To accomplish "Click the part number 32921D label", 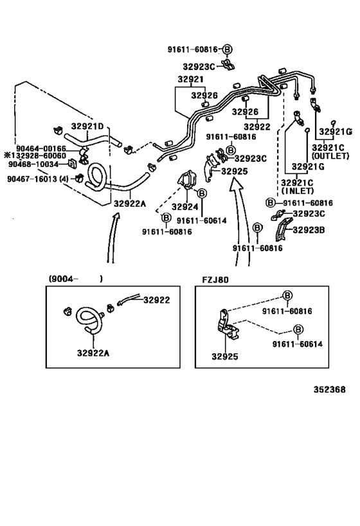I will [87, 127].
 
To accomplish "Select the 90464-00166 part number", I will [41, 148].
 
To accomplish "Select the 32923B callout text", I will [309, 229].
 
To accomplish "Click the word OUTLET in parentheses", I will [332, 156].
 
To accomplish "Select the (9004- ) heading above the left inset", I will [75, 279].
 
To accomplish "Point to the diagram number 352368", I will [329, 389].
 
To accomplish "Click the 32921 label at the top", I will [190, 80].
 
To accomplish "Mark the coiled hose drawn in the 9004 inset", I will [89, 320].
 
